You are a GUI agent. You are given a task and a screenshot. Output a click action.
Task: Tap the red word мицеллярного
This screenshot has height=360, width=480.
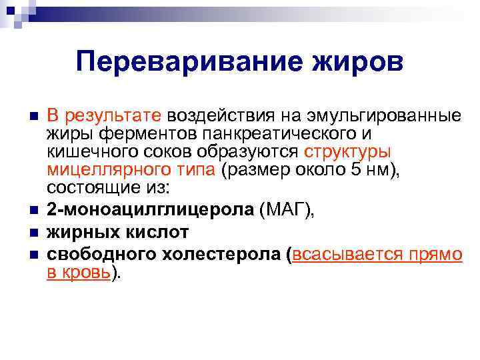pos(103,170)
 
